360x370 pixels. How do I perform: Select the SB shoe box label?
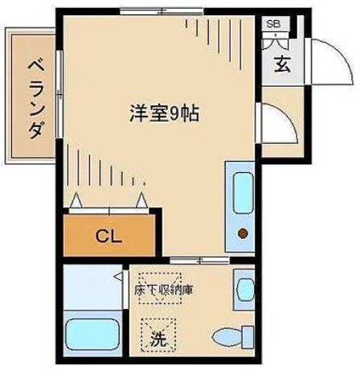click(273, 24)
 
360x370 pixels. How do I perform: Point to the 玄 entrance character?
click(282, 66)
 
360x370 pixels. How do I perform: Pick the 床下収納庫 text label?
click(168, 288)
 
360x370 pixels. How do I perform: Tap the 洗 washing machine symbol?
click(157, 339)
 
